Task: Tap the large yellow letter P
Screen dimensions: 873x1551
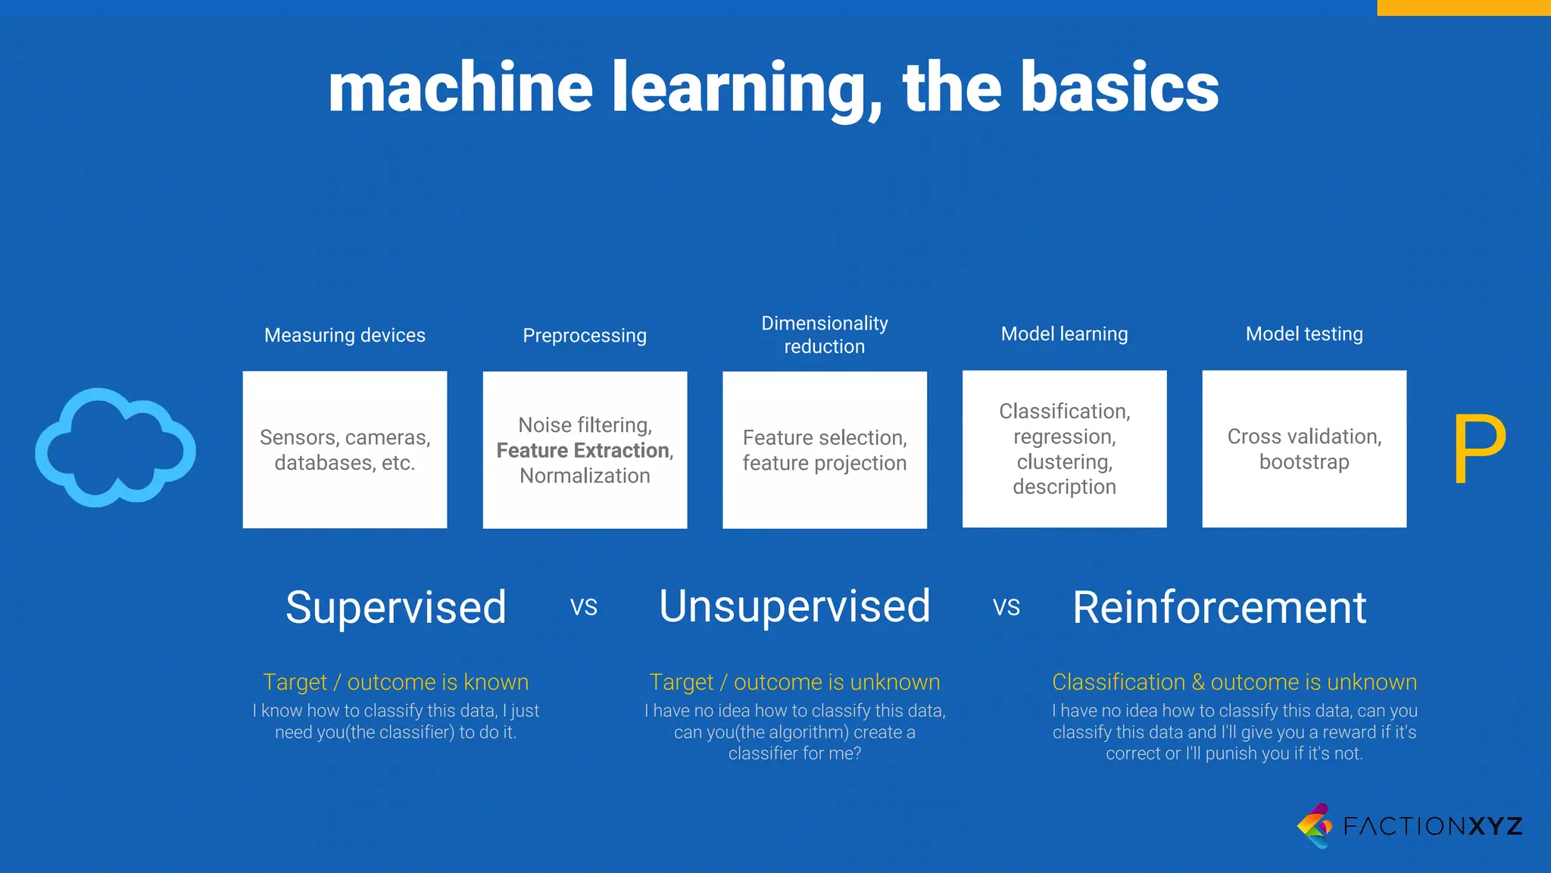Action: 1478,449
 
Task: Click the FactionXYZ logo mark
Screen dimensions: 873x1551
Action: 1315,825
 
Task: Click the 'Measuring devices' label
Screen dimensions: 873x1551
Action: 345,335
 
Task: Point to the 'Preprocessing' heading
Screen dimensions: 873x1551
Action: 585,335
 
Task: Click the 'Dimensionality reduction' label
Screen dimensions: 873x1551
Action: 824,334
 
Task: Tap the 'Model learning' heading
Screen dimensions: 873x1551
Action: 1064,333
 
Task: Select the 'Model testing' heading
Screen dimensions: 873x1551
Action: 1303,333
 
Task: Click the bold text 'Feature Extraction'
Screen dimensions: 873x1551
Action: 583,450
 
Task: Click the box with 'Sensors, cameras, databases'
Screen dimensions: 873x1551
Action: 345,449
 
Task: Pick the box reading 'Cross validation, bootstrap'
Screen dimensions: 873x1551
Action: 1304,449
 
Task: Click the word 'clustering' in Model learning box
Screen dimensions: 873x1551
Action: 1064,462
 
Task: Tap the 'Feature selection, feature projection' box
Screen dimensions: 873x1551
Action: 824,449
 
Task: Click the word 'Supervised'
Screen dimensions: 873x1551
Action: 395,607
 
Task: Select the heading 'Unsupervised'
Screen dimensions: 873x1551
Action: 794,606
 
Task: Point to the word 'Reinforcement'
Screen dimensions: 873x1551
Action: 1219,607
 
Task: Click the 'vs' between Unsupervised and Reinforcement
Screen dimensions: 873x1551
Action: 1006,607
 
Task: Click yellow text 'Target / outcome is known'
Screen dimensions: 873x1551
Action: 395,682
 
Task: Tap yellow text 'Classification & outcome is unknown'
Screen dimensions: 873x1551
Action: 1234,682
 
